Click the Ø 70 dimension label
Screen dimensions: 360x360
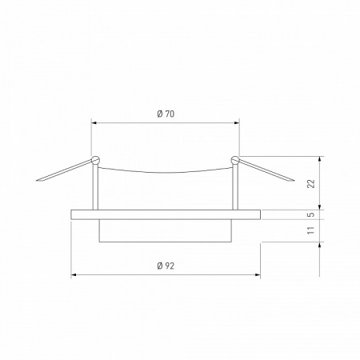click(x=166, y=114)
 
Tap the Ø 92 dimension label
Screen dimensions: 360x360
click(x=166, y=265)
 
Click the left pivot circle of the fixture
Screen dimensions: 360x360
click(x=95, y=160)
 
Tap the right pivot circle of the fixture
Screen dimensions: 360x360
click(x=235, y=160)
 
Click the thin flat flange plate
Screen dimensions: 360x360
click(x=166, y=214)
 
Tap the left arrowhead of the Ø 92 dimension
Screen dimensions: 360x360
click(x=74, y=275)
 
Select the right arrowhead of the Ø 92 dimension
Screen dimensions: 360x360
click(x=258, y=275)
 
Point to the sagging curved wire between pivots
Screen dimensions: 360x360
click(x=166, y=172)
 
